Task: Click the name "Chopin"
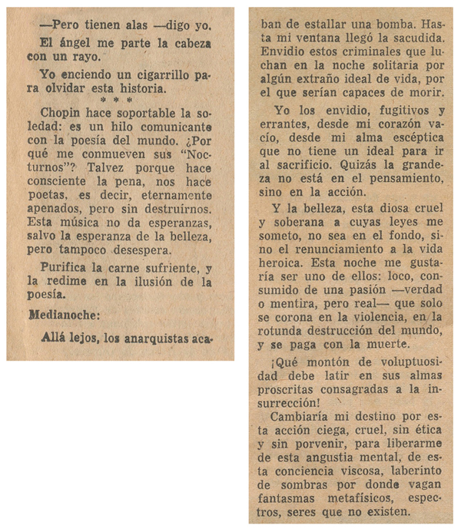point(61,112)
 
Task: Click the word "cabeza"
point(188,43)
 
